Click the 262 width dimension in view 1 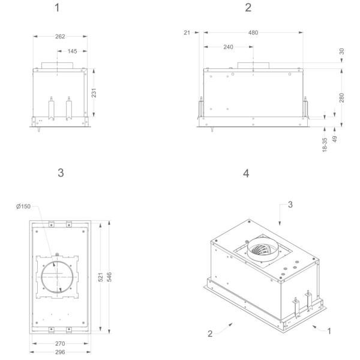pos(60,36)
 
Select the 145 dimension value pos(72,51)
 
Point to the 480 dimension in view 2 pos(253,32)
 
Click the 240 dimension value pos(228,47)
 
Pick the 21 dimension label pos(187,32)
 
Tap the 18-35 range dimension pos(325,145)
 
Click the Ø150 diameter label pos(24,206)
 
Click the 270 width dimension pos(60,343)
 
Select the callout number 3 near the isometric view pos(290,205)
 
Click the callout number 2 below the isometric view pos(210,334)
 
